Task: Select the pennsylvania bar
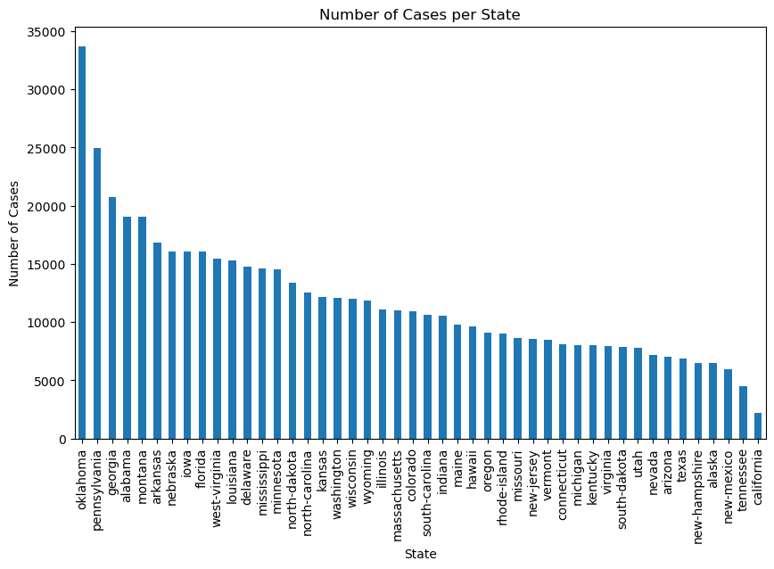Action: (97, 293)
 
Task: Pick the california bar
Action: (758, 426)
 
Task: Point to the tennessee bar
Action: (743, 413)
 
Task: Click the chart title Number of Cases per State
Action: (419, 14)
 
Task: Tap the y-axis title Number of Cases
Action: (14, 233)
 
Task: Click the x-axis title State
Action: (419, 554)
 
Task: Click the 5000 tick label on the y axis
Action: (50, 382)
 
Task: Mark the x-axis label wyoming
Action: (367, 472)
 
